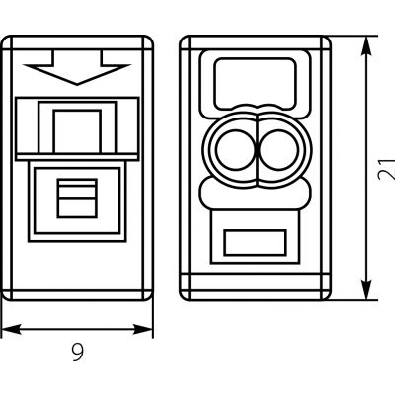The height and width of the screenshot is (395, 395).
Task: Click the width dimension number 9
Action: tap(78, 352)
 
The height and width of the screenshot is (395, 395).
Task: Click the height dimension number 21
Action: tap(386, 169)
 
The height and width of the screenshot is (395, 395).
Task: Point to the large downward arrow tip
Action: tap(77, 84)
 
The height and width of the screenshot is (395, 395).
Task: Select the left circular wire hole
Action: tap(236, 149)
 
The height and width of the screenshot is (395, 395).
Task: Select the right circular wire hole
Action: tap(279, 149)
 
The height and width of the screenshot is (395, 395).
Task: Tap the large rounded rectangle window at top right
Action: tap(255, 84)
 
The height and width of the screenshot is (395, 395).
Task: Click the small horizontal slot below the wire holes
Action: tap(255, 243)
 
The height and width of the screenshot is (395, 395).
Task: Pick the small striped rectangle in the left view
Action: tap(77, 198)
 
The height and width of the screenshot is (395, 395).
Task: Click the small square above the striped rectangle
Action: tap(77, 131)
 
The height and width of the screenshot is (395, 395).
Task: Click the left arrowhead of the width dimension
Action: tap(11, 329)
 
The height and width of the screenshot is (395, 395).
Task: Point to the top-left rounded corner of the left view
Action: tap(5, 39)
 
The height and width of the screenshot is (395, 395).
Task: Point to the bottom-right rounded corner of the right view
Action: tap(328, 296)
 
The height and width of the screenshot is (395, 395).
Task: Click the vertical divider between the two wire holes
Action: tap(258, 149)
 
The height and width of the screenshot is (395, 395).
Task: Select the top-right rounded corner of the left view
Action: tap(150, 39)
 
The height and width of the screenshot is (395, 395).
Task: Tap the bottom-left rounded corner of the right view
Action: tap(184, 296)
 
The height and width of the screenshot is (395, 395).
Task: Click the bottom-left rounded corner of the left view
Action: tap(5, 296)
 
